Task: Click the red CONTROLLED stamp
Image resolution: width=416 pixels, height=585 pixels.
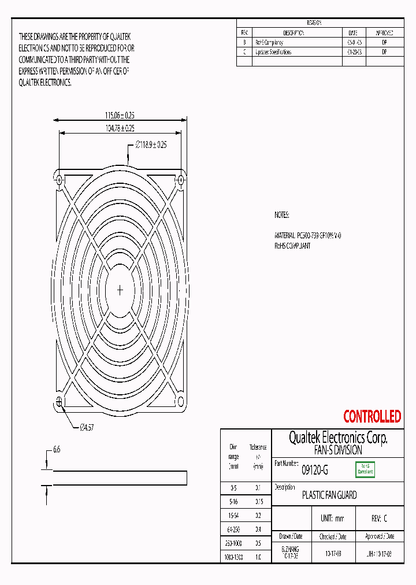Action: (372, 416)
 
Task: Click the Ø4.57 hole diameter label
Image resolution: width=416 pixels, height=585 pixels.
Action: (86, 428)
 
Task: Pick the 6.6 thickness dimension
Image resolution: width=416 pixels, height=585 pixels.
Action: (57, 449)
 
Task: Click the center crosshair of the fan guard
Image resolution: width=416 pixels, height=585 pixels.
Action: (120, 290)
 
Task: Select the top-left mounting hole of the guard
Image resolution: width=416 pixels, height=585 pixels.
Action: (59, 180)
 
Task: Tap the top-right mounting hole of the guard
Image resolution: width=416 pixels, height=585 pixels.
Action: (180, 180)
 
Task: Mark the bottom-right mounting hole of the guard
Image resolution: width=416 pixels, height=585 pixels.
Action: (180, 401)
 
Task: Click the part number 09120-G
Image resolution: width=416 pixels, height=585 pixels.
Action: (315, 471)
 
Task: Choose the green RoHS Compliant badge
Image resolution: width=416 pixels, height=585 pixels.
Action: (365, 469)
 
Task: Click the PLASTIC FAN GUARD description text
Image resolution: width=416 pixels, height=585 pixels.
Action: (329, 495)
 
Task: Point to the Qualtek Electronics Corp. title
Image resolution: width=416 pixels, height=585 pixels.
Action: (338, 438)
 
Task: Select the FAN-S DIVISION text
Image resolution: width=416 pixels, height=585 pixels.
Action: (338, 450)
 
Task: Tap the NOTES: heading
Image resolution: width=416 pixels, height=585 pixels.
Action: (281, 215)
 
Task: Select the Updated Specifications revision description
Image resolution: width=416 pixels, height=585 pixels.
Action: (273, 52)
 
